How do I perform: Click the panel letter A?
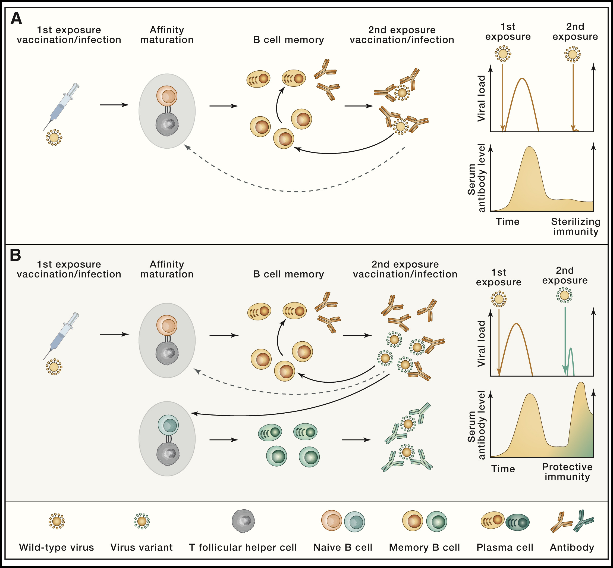pyautogui.click(x=16, y=18)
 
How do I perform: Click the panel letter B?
pyautogui.click(x=15, y=255)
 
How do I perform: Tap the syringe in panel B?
pyautogui.click(x=61, y=336)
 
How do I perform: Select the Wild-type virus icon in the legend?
pyautogui.click(x=56, y=521)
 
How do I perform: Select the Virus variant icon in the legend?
pyautogui.click(x=142, y=521)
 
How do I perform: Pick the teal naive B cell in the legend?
pyautogui.click(x=354, y=522)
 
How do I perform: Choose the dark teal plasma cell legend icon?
pyautogui.click(x=518, y=522)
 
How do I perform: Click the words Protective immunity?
pyautogui.click(x=567, y=472)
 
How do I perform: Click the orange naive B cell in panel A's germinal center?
pyautogui.click(x=167, y=96)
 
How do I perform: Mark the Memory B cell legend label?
pyautogui.click(x=425, y=547)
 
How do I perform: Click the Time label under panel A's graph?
pyautogui.click(x=508, y=221)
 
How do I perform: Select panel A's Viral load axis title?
pyautogui.click(x=481, y=98)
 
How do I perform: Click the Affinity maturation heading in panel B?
pyautogui.click(x=167, y=269)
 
